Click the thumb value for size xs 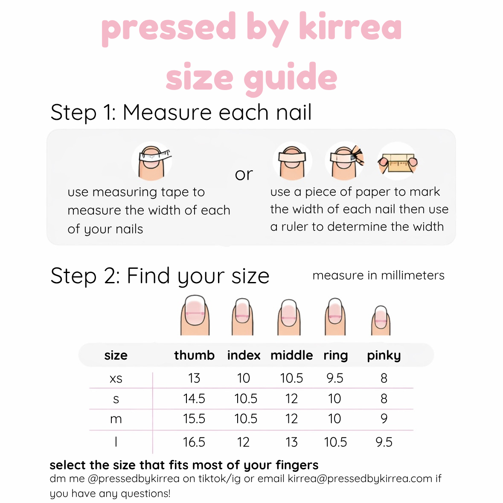click(x=194, y=378)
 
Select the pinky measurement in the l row click(x=384, y=442)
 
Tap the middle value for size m click(x=291, y=419)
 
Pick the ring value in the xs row click(x=335, y=378)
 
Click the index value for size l click(x=243, y=442)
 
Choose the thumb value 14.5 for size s click(x=194, y=398)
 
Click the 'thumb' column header click(x=194, y=355)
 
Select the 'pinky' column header click(x=384, y=355)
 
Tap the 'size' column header click(x=116, y=355)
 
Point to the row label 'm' click(x=116, y=419)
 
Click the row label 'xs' click(x=116, y=378)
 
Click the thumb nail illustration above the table click(x=195, y=316)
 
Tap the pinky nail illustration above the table click(x=381, y=320)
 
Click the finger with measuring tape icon click(x=152, y=161)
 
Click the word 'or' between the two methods click(x=244, y=174)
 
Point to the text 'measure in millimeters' click(x=378, y=275)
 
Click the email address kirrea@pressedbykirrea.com click(x=360, y=478)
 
